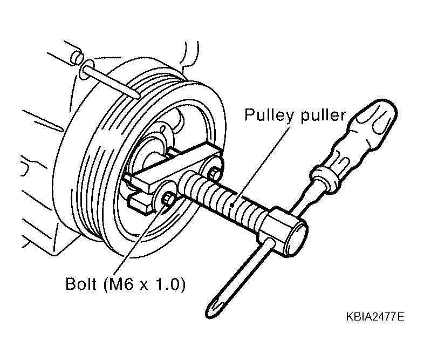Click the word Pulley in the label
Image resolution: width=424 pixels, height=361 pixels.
coord(269,115)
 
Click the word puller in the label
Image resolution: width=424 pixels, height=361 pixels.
coord(323,115)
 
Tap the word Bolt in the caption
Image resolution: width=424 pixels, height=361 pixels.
coord(81,284)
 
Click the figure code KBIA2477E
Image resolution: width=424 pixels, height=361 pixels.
coord(375,317)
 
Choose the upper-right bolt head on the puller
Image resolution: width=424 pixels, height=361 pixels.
coord(215,173)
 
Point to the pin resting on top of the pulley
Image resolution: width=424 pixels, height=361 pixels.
coord(111,80)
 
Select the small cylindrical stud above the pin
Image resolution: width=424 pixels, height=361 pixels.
coord(76,57)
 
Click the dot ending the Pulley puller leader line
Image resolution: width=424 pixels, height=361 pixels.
coord(232,206)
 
